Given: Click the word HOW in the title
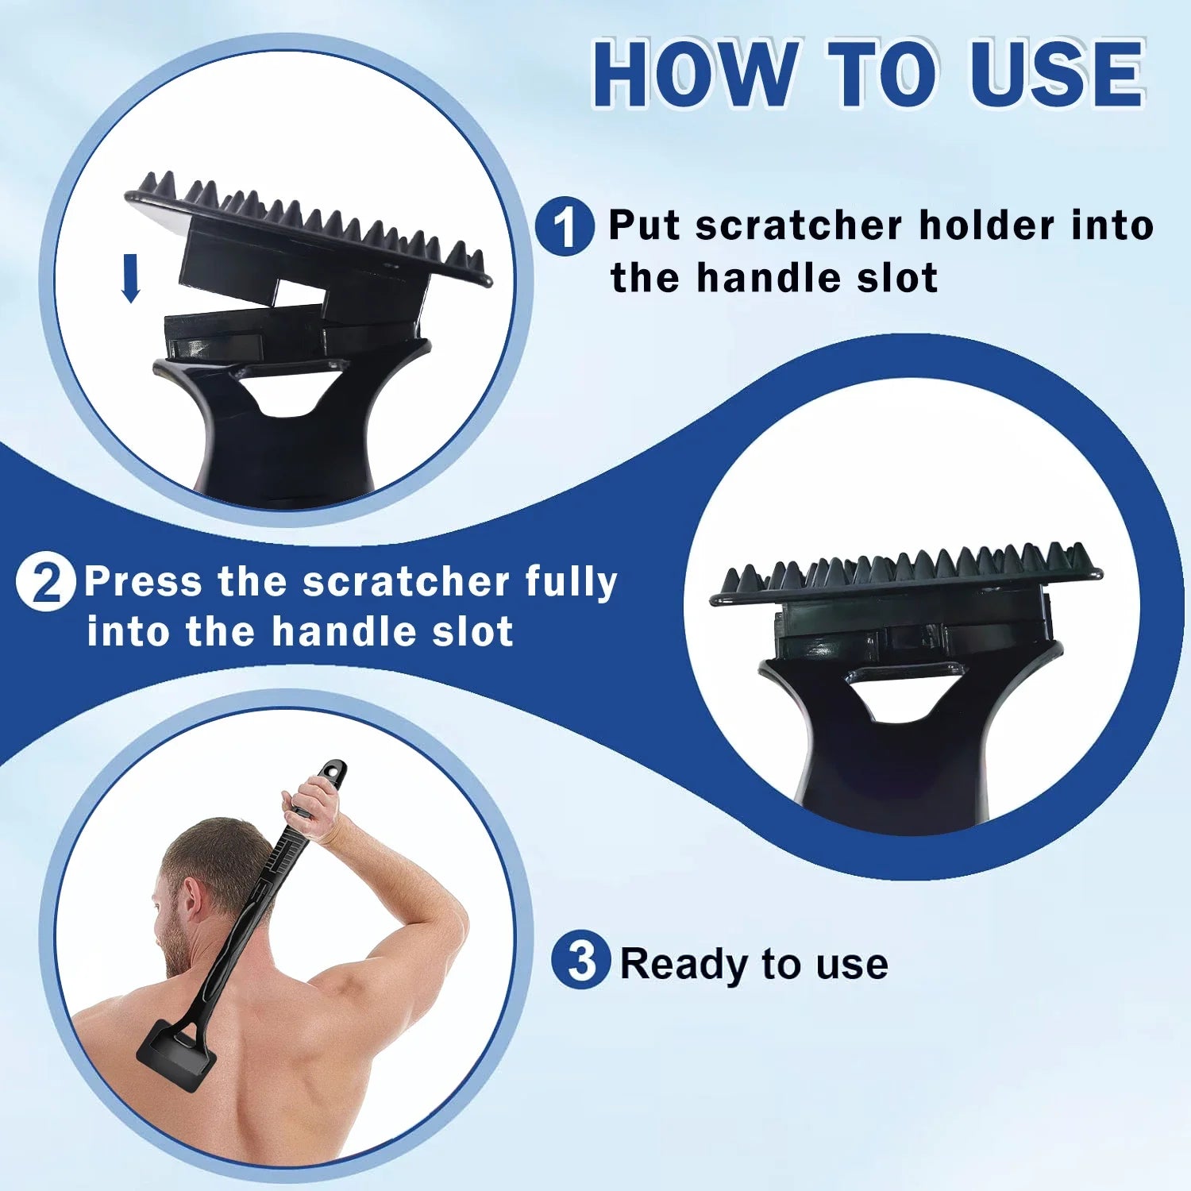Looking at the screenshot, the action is tap(695, 73).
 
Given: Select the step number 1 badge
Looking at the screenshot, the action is tap(565, 226).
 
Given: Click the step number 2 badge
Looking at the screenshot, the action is tap(46, 581).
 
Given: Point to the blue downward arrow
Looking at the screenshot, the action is tap(131, 278).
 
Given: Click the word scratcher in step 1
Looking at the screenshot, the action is tap(799, 225).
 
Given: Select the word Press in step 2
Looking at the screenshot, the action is tap(144, 581).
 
